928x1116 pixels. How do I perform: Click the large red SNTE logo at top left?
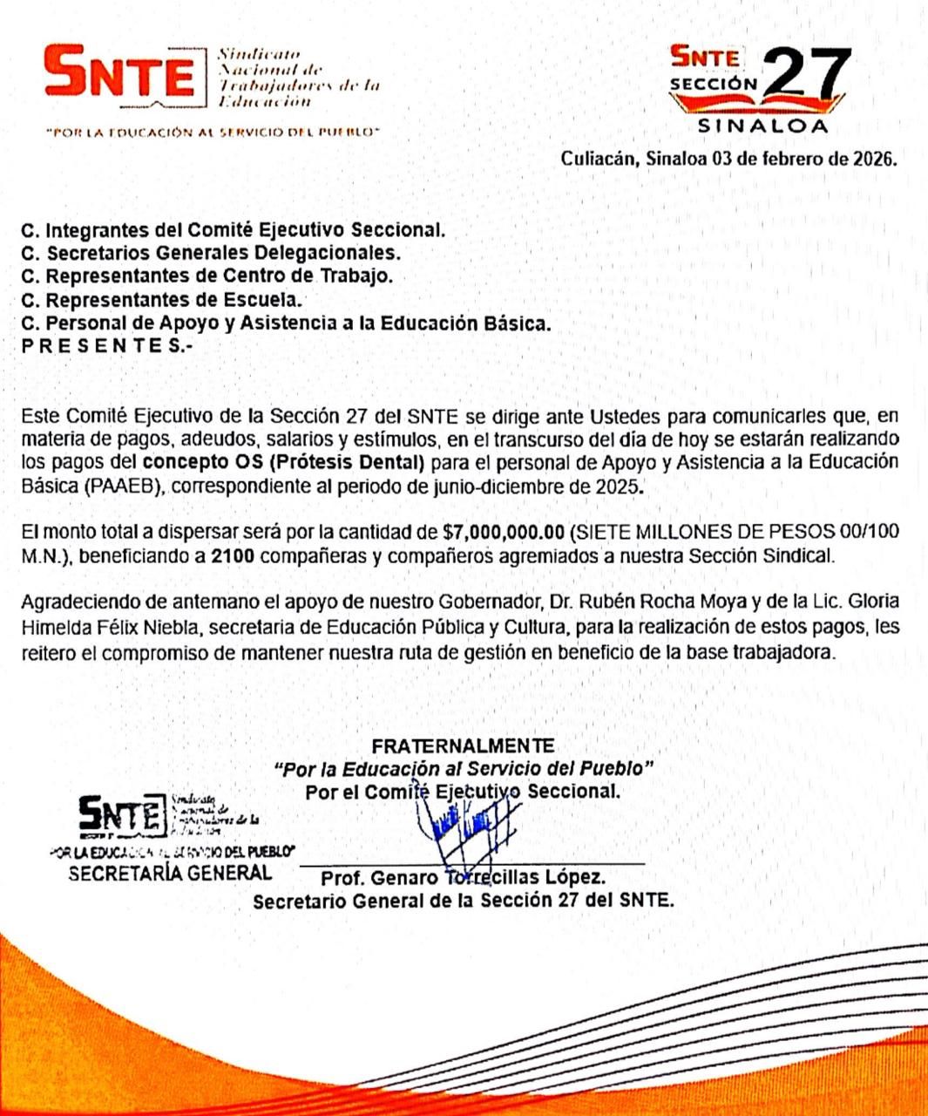[120, 75]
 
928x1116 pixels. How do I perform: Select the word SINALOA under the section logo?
[763, 126]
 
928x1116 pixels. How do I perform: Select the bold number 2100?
[233, 555]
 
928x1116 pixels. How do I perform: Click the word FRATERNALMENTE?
[463, 745]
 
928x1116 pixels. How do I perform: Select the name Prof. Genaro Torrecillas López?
[463, 877]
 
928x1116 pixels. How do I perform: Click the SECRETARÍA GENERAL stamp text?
[170, 873]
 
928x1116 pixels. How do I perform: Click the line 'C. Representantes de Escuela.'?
[162, 300]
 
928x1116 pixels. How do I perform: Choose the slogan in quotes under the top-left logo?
[213, 133]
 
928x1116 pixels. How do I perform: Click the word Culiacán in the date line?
[599, 160]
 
